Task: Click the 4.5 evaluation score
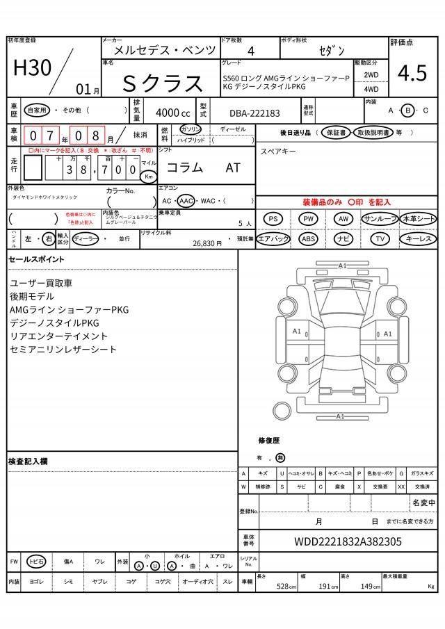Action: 412,72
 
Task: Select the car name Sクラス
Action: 163,83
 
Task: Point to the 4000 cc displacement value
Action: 172,113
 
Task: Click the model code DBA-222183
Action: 254,113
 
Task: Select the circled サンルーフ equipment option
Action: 380,219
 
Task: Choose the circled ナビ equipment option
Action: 343,239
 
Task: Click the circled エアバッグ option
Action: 273,239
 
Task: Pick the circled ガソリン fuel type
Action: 190,130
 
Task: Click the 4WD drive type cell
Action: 371,89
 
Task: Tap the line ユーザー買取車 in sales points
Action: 41,283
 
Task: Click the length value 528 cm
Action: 282,587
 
